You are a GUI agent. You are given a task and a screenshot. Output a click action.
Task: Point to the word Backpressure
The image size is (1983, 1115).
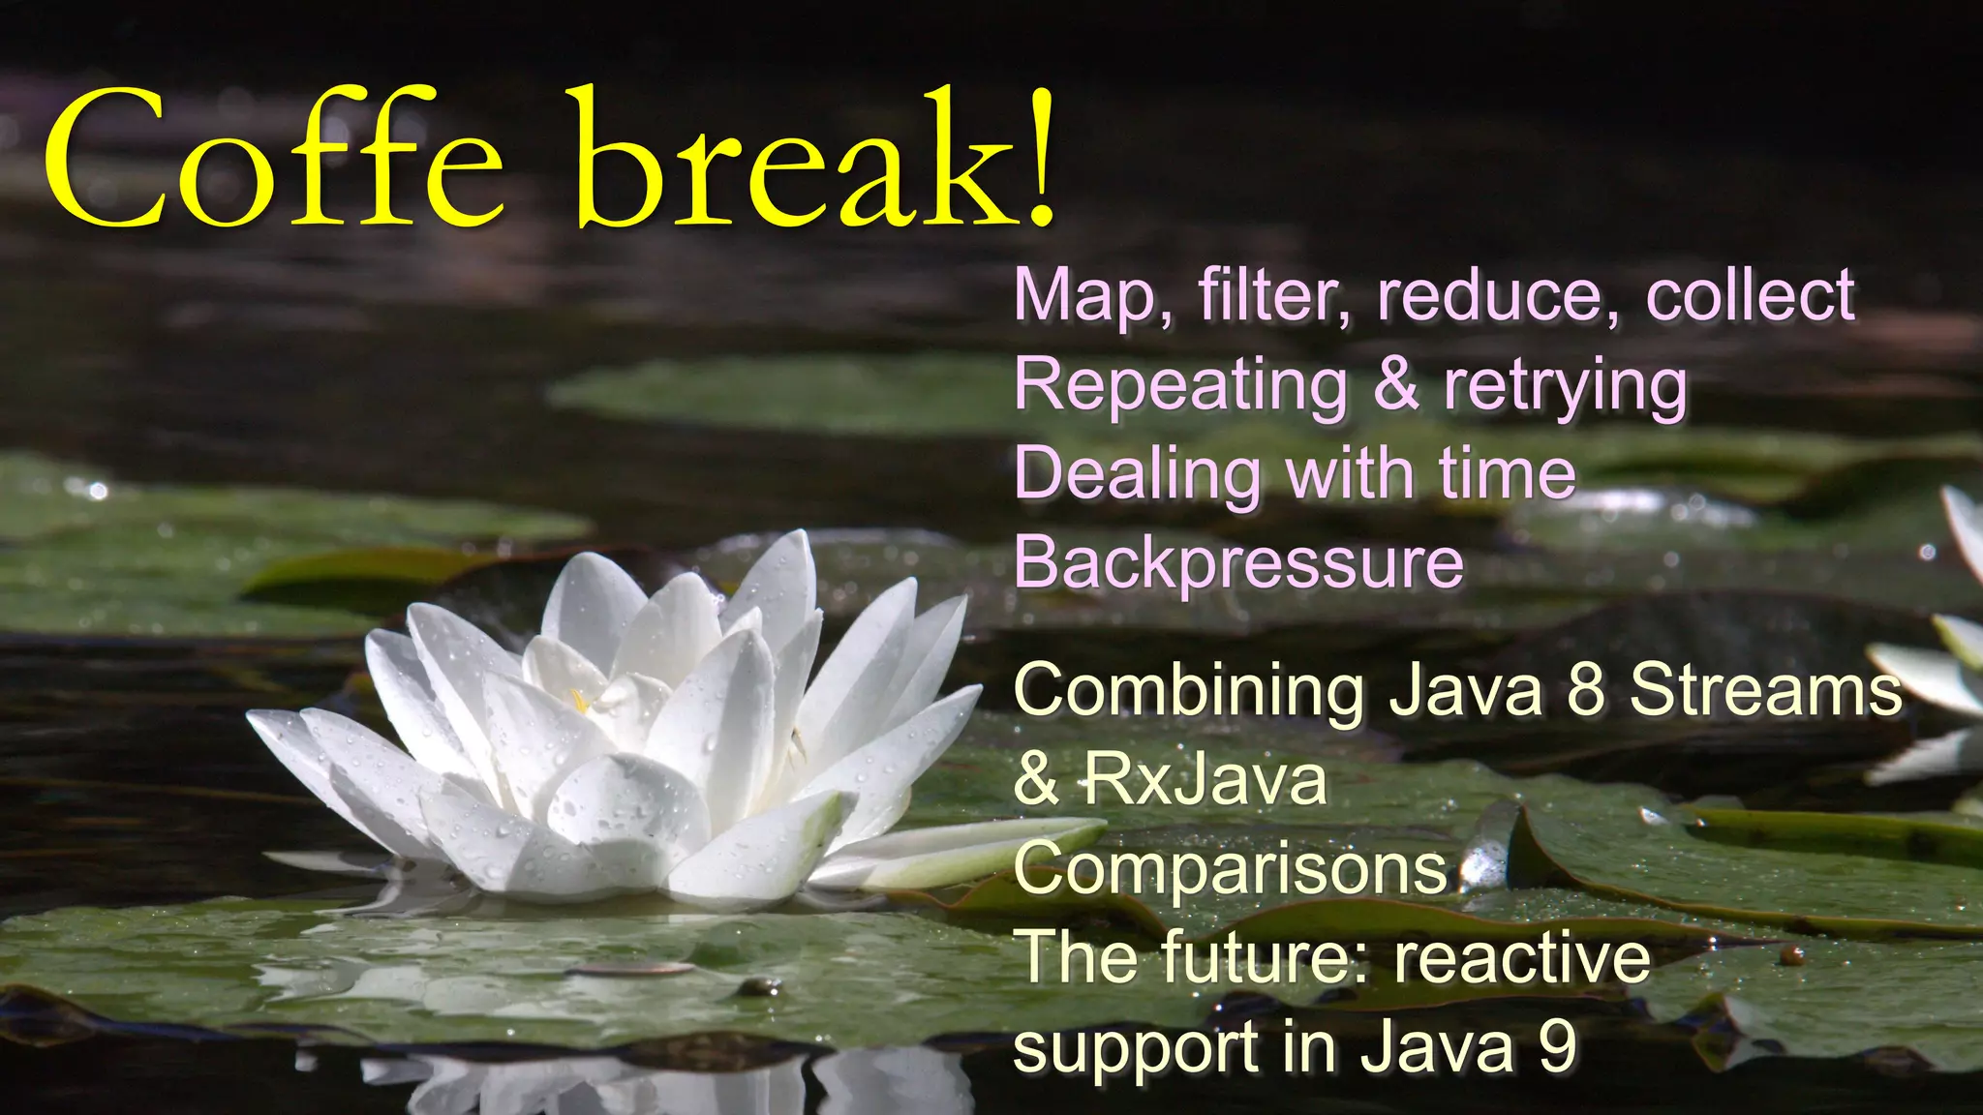click(x=1238, y=563)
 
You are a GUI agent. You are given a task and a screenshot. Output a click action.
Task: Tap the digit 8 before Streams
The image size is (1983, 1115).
click(x=1585, y=691)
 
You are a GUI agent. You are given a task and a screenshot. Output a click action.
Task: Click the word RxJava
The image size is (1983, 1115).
click(x=1205, y=780)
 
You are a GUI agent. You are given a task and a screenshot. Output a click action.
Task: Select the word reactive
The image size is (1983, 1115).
click(x=1521, y=958)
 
